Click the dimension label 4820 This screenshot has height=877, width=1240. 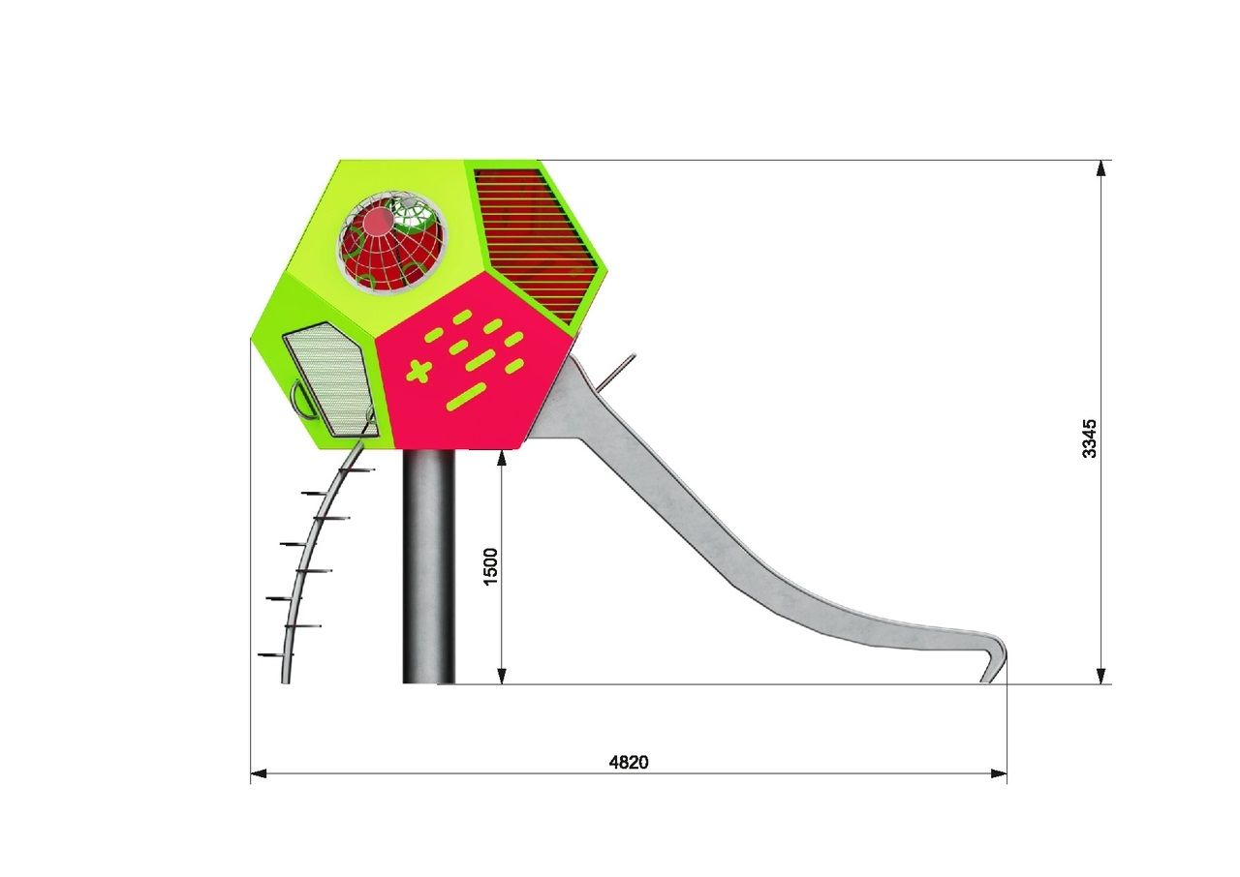(629, 762)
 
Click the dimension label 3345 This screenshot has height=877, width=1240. (1089, 438)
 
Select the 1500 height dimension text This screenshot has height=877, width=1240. (490, 566)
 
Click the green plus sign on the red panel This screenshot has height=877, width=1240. (420, 371)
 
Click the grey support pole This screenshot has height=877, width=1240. (429, 566)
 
